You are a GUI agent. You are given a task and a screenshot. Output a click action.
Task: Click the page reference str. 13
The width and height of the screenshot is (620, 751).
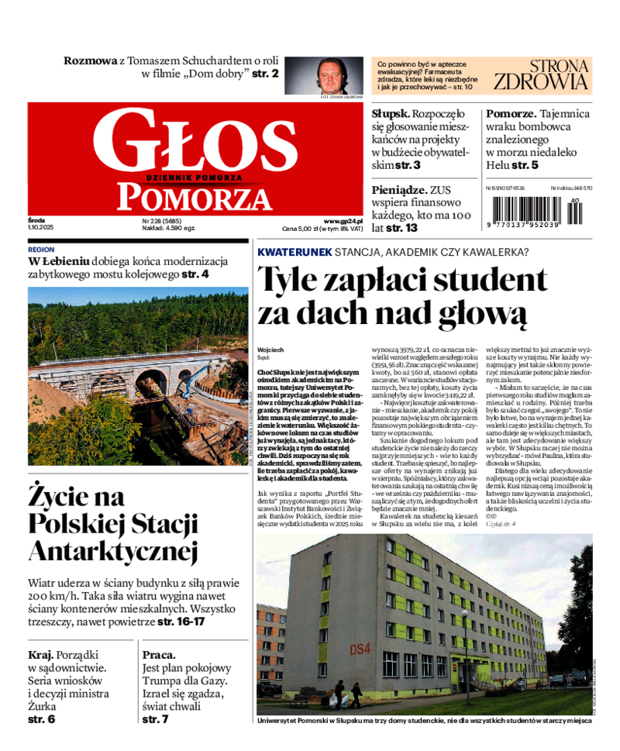point(401,228)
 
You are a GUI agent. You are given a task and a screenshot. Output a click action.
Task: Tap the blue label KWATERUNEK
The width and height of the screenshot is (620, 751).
point(294,253)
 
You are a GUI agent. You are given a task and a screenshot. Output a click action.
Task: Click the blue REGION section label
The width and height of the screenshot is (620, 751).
point(41,250)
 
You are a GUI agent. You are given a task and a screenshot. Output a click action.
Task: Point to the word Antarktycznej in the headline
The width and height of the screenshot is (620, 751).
point(113,552)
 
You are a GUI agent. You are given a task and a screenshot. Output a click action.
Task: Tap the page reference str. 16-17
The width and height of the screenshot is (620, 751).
point(181,622)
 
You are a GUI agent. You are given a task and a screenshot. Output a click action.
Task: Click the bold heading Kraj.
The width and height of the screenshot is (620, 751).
point(40,655)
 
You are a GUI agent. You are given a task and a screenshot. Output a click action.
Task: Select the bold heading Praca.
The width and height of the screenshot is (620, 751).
point(159,655)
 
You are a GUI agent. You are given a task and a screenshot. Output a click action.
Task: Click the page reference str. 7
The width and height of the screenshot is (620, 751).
point(155,719)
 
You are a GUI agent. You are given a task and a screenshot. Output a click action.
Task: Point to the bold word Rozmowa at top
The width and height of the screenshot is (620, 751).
point(90,60)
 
